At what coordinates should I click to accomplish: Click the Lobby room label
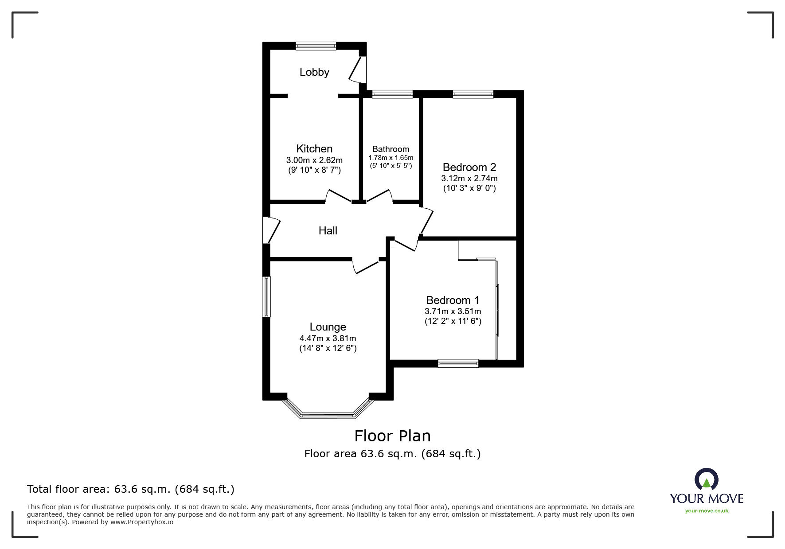314,72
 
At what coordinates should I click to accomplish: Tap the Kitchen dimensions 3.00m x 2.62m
314,160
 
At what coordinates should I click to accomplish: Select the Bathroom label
391,149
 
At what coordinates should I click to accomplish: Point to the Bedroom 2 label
469,167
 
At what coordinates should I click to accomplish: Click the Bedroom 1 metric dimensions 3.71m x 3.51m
453,311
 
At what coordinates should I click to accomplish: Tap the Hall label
328,230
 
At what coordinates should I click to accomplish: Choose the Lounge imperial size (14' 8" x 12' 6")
328,348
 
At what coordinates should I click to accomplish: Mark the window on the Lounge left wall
266,296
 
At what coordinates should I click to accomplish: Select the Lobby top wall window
316,46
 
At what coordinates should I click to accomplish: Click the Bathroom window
392,94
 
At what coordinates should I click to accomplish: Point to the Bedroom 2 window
473,94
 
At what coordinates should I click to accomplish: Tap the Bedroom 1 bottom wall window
458,363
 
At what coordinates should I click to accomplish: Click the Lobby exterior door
358,70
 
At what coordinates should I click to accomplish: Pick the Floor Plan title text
392,436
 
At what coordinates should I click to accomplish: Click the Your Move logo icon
706,480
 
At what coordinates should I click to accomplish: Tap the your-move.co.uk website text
707,511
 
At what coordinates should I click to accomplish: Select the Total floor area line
131,489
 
